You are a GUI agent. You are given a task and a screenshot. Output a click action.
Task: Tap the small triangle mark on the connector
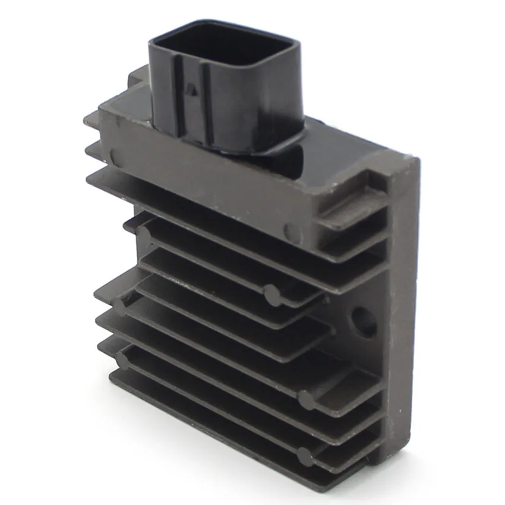pos(191,90)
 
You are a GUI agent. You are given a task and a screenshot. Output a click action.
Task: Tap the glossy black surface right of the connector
pos(321,149)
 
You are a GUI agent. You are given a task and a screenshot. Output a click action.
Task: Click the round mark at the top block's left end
pos(114,156)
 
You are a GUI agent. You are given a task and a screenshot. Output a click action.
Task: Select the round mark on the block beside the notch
pos(293,231)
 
